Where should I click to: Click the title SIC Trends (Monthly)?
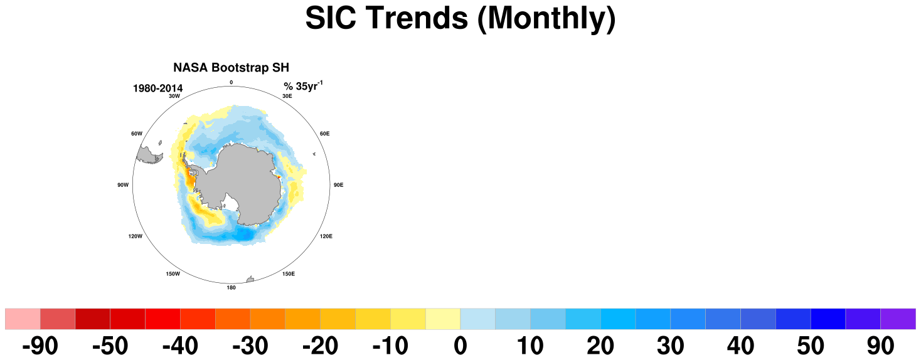[x=460, y=18]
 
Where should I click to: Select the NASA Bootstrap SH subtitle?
[x=231, y=67]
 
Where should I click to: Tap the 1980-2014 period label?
[x=157, y=88]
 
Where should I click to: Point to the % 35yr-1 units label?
[x=303, y=86]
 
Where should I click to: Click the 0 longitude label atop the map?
[x=231, y=83]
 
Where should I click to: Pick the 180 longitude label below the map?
[x=231, y=288]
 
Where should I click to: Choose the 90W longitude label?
[x=123, y=185]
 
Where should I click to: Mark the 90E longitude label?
[x=338, y=185]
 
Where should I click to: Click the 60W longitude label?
[x=137, y=134]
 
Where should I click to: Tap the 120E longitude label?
[x=326, y=236]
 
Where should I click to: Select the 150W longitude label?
[x=173, y=273]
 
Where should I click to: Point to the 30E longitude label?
[x=287, y=96]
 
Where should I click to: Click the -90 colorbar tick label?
[x=40, y=346]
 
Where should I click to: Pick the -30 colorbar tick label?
[x=250, y=346]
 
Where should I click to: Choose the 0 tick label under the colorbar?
[x=460, y=346]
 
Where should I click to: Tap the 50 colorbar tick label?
[x=811, y=346]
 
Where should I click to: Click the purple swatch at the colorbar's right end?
[x=898, y=319]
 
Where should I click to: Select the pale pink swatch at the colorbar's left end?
[x=23, y=319]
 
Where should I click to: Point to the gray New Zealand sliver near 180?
[x=250, y=280]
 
